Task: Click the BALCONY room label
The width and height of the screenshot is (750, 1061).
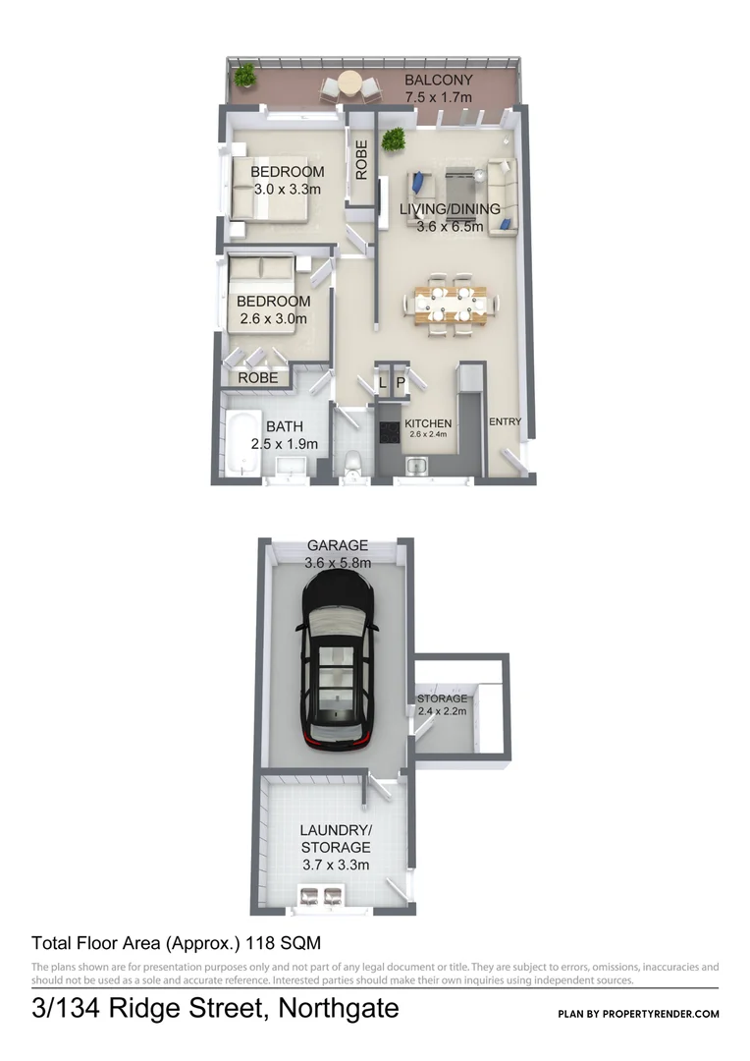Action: (439, 81)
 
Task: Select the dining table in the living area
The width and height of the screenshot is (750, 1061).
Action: (451, 304)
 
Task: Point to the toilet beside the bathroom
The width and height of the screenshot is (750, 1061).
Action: (353, 461)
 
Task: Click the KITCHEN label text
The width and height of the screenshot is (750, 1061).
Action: (429, 423)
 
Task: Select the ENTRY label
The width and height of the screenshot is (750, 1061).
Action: (505, 422)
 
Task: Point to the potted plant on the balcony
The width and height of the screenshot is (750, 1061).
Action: (244, 75)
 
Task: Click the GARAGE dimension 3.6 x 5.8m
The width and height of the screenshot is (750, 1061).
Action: (338, 564)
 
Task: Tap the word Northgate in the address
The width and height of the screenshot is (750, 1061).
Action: (340, 1008)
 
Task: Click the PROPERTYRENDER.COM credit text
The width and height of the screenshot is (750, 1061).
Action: (668, 1014)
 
